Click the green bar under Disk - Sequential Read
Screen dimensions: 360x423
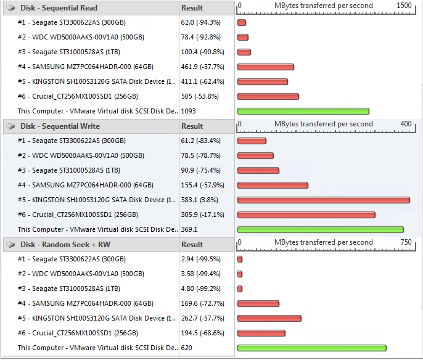(303, 112)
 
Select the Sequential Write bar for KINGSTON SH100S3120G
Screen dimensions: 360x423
(323, 200)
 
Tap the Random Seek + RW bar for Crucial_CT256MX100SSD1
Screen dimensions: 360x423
(261, 333)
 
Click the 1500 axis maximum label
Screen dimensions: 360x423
(404, 6)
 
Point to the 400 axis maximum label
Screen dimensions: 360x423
(406, 124)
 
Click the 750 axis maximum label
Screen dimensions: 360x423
(406, 242)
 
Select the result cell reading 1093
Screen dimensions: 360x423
(189, 111)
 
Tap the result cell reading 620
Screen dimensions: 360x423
(187, 348)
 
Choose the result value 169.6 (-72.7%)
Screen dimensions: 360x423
(202, 303)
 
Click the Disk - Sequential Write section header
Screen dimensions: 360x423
(60, 126)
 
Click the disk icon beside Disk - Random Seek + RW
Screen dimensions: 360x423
(10, 245)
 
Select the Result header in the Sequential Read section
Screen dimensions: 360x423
(192, 8)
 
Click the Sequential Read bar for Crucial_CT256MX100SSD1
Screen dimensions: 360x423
(268, 97)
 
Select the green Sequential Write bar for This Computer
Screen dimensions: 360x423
(320, 230)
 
